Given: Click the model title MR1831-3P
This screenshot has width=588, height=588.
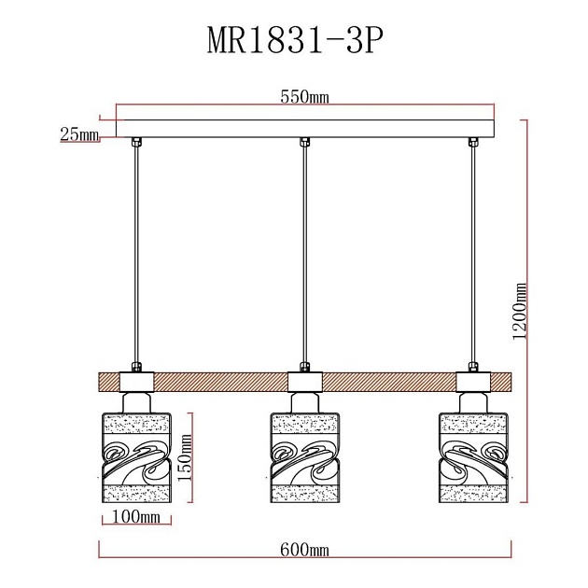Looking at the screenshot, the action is click(x=295, y=41).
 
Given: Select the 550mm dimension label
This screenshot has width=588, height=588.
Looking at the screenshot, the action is click(x=304, y=97).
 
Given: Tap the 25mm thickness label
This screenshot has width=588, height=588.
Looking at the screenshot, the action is click(x=79, y=134).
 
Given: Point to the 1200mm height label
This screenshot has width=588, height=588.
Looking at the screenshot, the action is click(x=520, y=311).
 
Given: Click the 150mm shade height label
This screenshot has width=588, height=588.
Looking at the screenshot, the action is click(x=185, y=458).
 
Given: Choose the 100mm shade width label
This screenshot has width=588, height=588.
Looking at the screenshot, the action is click(x=136, y=517).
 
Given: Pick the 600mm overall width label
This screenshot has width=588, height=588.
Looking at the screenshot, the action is click(x=304, y=550).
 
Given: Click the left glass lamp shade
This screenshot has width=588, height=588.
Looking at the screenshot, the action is click(x=136, y=458).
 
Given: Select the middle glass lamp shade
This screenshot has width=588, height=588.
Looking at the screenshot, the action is click(x=305, y=458).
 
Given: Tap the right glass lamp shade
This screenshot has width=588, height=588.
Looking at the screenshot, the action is click(x=473, y=458).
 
